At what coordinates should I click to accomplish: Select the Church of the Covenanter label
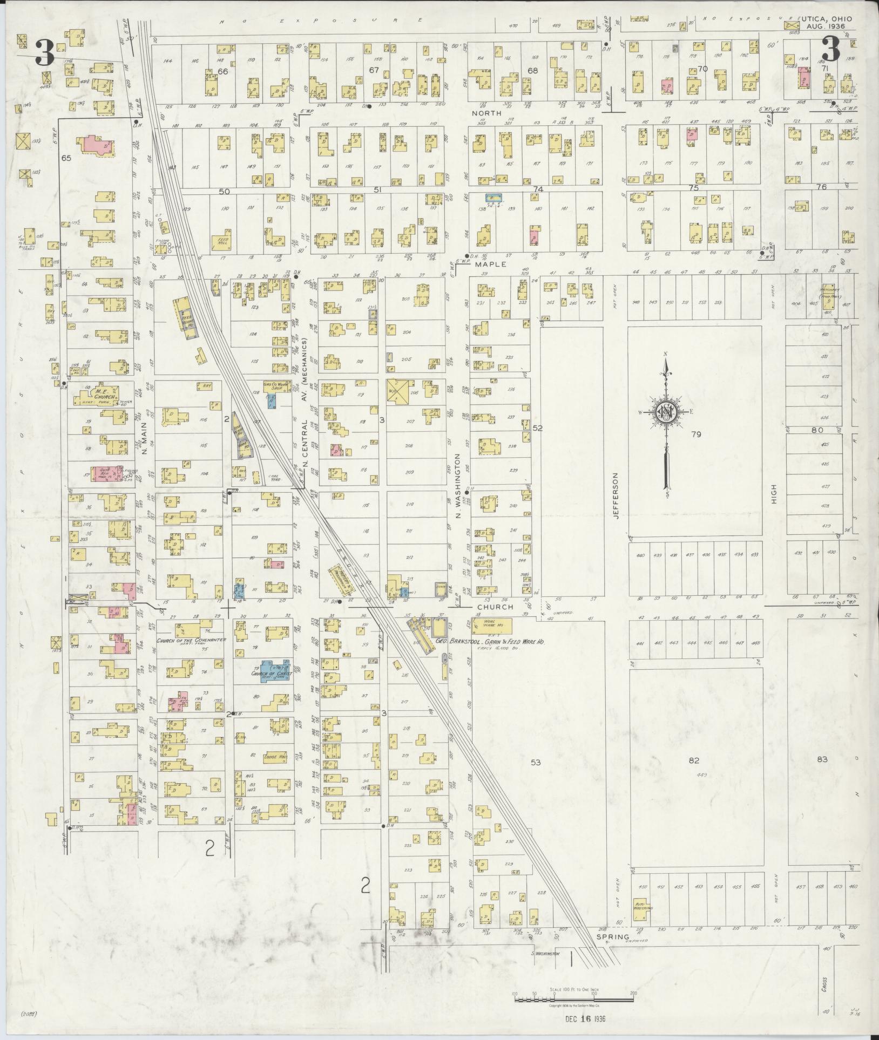pyautogui.click(x=190, y=640)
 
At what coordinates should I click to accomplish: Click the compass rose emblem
pyautogui.click(x=666, y=412)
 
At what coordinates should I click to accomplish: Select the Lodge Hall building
pyautogui.click(x=275, y=757)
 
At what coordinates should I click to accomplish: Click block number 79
pyautogui.click(x=696, y=433)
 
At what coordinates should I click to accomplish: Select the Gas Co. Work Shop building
pyautogui.click(x=277, y=386)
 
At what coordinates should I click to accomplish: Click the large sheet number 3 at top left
pyautogui.click(x=45, y=52)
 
